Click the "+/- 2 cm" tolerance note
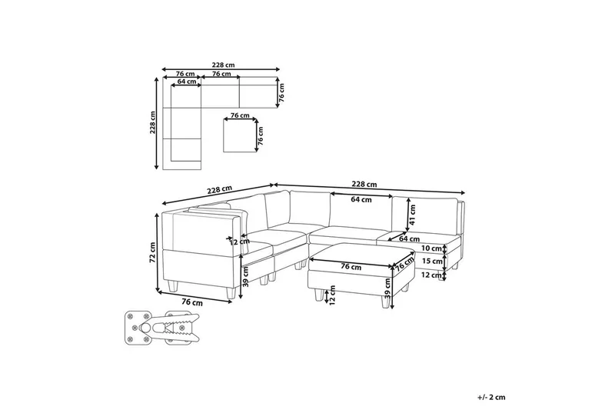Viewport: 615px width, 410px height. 491,397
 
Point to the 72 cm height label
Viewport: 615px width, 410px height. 153,252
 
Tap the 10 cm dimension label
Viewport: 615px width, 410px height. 431,248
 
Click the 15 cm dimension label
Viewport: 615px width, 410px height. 431,261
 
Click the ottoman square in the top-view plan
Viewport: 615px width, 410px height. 239,135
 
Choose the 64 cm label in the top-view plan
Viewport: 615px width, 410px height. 187,82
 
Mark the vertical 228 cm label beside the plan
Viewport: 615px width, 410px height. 153,122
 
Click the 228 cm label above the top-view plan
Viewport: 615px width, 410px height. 223,65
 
